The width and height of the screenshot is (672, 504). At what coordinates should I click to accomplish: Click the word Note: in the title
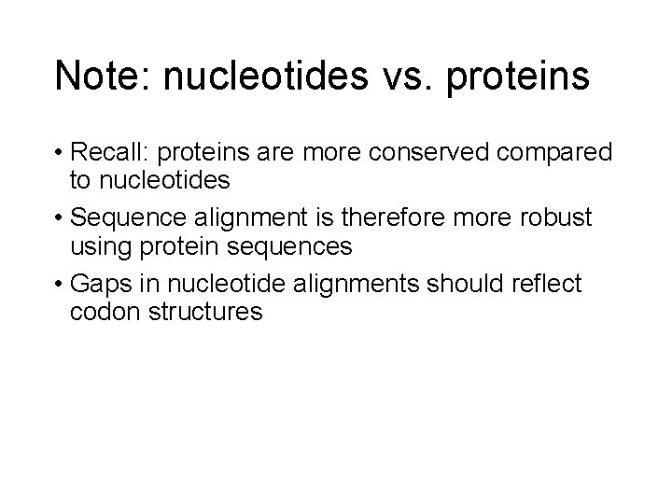coord(104,77)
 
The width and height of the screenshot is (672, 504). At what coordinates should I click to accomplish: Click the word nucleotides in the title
coord(270,77)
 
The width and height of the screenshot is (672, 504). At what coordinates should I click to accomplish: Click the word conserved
coord(438,151)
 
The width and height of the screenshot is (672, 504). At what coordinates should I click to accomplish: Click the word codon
coord(102,312)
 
